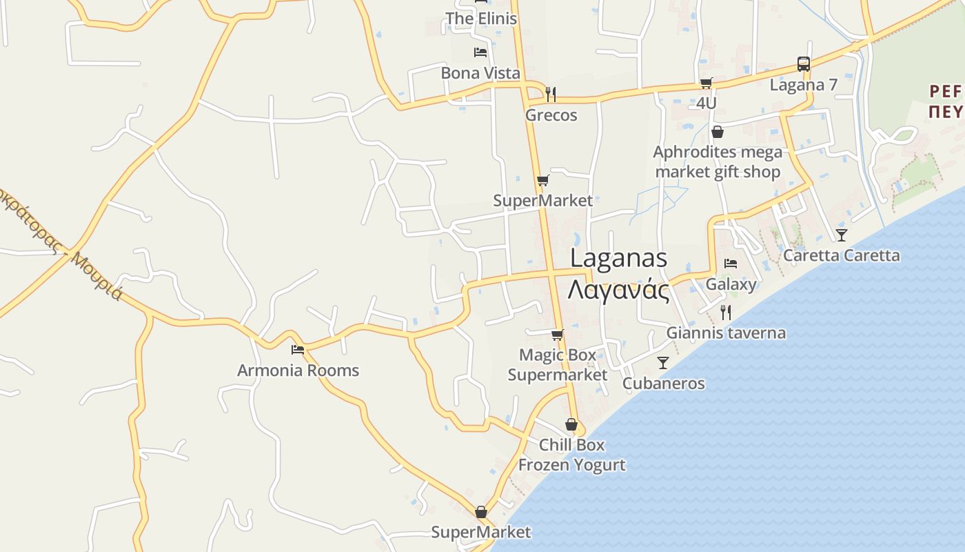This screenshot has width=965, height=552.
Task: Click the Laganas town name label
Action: click(619, 258)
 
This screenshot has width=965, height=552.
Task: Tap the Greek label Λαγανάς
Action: click(619, 290)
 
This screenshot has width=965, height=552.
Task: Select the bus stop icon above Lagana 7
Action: click(804, 64)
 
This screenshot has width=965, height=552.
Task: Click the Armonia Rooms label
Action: click(298, 371)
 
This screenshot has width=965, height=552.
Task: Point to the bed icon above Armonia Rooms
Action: click(298, 350)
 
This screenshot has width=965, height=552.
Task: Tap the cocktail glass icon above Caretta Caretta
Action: click(841, 235)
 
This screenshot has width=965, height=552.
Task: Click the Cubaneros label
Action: click(663, 384)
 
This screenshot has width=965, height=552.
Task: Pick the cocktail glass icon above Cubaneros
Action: click(663, 363)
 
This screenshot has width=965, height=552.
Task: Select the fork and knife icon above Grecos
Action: click(551, 94)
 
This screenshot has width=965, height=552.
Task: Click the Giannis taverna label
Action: click(725, 333)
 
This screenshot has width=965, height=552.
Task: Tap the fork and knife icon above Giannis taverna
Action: click(725, 313)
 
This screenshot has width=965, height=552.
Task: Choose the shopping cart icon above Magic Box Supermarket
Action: click(557, 335)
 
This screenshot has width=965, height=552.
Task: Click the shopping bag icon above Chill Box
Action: click(571, 424)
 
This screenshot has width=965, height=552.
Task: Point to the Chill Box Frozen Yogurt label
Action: click(571, 455)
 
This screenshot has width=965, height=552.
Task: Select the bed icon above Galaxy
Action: click(731, 264)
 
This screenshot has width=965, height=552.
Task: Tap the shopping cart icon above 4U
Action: click(706, 83)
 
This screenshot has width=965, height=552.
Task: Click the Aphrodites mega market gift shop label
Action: click(718, 161)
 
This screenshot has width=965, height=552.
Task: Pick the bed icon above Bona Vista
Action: click(480, 52)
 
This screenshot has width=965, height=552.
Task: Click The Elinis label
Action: click(480, 19)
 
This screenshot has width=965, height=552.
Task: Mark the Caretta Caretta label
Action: click(841, 255)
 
